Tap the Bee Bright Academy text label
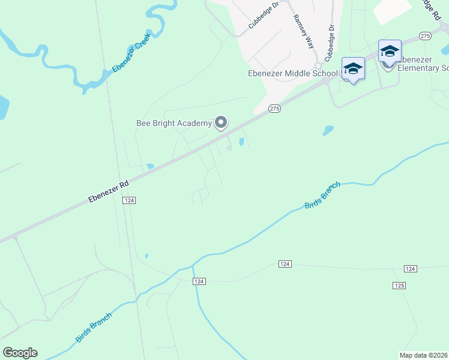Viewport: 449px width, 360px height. [174, 124]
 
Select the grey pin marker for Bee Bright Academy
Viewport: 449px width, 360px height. [221, 122]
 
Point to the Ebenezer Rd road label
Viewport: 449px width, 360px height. [109, 191]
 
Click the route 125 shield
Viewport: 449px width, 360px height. [399, 286]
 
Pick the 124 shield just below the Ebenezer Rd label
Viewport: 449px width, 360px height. [128, 200]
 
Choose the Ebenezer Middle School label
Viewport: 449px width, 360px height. [293, 74]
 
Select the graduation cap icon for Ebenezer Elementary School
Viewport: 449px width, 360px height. [389, 51]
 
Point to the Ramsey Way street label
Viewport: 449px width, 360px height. [303, 30]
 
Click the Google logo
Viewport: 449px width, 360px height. [20, 353]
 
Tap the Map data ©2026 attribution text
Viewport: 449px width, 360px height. [424, 355]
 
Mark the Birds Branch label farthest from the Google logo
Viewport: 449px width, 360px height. [322, 195]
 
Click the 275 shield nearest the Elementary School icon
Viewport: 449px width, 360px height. [425, 36]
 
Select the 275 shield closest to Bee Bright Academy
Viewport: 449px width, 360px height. [274, 108]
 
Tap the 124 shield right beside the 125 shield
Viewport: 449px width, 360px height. [411, 269]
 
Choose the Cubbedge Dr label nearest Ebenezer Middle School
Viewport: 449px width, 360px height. [330, 43]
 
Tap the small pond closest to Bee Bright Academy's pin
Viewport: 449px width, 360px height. [241, 142]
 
